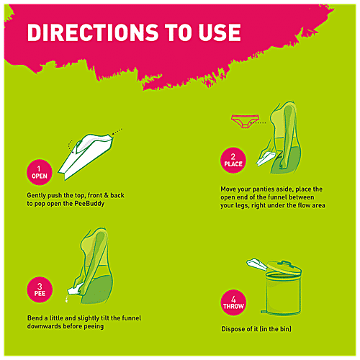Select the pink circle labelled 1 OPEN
pyautogui.click(x=38, y=171)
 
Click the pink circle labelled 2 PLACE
pyautogui.click(x=233, y=160)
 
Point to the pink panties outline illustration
pyautogui.click(x=245, y=120)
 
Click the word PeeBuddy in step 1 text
pyautogui.click(x=109, y=204)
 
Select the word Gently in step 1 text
pyautogui.click(x=35, y=195)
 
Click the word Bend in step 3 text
pyautogui.click(x=34, y=318)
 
